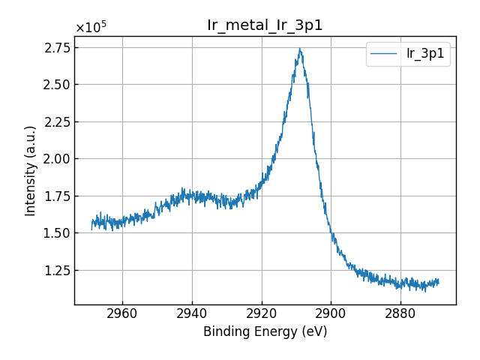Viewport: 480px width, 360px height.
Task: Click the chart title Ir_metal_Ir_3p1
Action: pyautogui.click(x=265, y=25)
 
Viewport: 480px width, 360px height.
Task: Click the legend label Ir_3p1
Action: pyautogui.click(x=424, y=54)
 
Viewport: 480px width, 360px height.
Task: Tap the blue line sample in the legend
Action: pyautogui.click(x=384, y=54)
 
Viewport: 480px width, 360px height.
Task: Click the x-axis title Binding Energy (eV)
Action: pyautogui.click(x=265, y=331)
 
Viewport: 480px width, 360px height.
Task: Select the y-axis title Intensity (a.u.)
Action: pyautogui.click(x=31, y=171)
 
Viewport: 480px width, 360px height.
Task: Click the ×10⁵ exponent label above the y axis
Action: pyautogui.click(x=91, y=28)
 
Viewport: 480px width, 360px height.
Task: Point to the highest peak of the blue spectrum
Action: pyautogui.click(x=300, y=49)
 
